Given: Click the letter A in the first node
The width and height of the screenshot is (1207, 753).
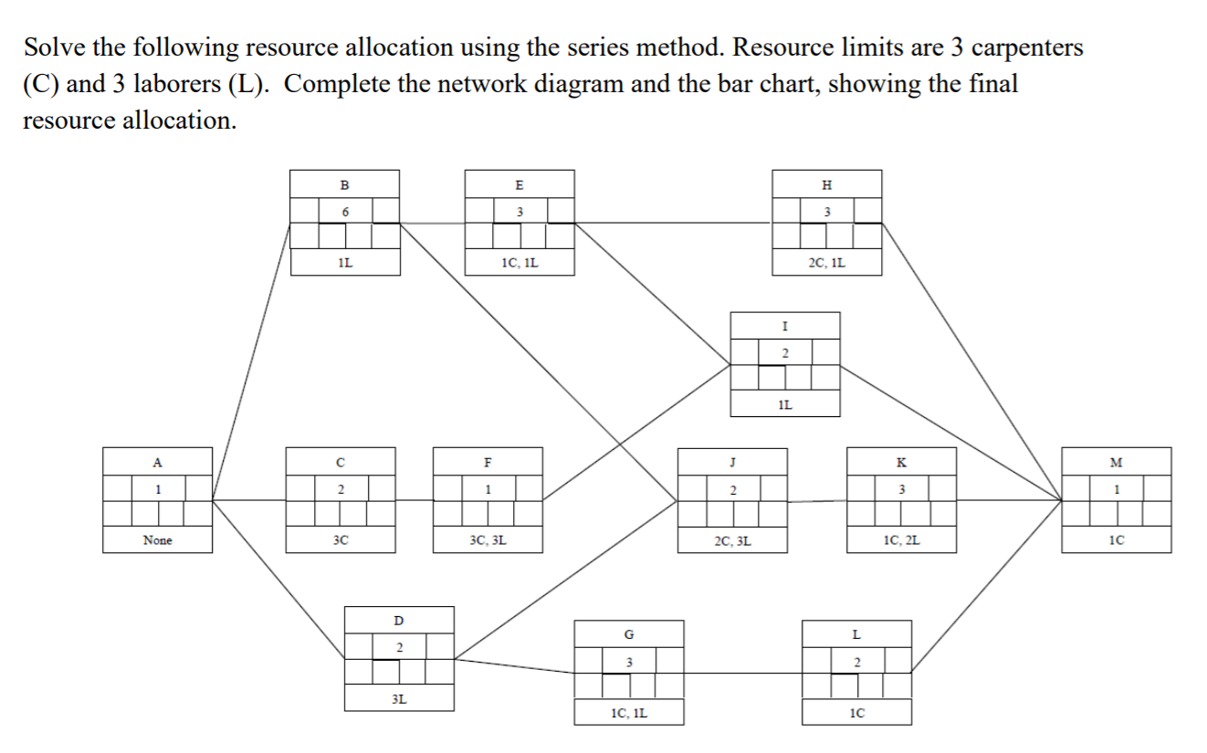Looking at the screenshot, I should pos(157,461).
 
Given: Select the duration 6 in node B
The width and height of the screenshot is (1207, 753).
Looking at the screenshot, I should pos(345,211).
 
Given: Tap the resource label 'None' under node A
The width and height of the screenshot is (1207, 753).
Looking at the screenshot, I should pos(157,540).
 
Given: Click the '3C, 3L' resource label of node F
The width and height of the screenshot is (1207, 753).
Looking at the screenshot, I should pos(488,540).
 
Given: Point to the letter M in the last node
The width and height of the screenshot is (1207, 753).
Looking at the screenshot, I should pos(1116,461).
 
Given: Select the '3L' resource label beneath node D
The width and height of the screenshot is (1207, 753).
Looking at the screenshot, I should pos(399,699).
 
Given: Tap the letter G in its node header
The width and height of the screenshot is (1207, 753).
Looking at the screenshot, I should pos(628,633).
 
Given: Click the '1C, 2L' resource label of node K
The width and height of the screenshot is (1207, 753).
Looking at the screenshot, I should pos(902,540).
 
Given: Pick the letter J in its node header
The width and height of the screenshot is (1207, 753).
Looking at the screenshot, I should pos(732,461).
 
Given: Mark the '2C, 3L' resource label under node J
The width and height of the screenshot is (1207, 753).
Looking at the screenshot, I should pos(732,540).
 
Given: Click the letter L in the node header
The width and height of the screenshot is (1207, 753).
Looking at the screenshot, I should pos(855,633).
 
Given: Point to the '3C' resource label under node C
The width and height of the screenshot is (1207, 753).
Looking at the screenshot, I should pos(341,540).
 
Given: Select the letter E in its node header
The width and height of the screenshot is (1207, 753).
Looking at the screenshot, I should pos(520,183).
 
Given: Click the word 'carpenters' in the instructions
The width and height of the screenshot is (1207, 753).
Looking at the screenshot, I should pos(1026,47).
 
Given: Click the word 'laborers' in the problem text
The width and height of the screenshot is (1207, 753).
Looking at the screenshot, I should pos(173,84).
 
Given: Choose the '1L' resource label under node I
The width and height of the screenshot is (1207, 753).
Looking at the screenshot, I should pos(784,404).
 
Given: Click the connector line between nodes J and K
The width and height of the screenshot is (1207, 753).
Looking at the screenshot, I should pos(817,500).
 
